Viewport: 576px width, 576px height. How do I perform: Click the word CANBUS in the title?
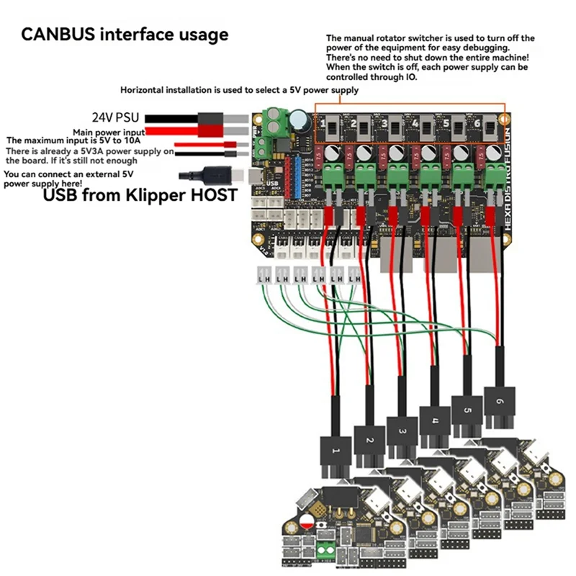(58, 34)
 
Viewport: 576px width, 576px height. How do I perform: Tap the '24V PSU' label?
(115, 116)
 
